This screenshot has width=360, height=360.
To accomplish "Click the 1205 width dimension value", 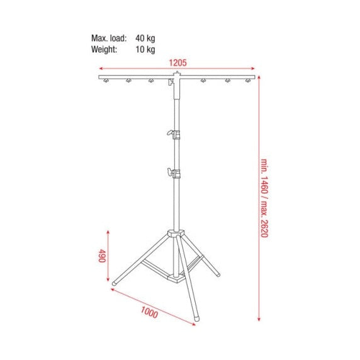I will (177, 63).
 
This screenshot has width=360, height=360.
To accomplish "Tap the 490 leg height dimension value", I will (101, 257).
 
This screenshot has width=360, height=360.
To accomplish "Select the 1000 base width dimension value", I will (149, 312).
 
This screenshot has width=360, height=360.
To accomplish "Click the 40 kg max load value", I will (145, 38).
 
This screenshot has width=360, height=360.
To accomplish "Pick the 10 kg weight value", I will (145, 49).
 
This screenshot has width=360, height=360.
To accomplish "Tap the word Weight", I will (104, 49).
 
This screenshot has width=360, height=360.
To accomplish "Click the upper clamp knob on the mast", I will (170, 132).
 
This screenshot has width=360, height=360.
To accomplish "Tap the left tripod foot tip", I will (114, 284).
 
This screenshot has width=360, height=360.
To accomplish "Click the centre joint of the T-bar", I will (174, 80).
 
